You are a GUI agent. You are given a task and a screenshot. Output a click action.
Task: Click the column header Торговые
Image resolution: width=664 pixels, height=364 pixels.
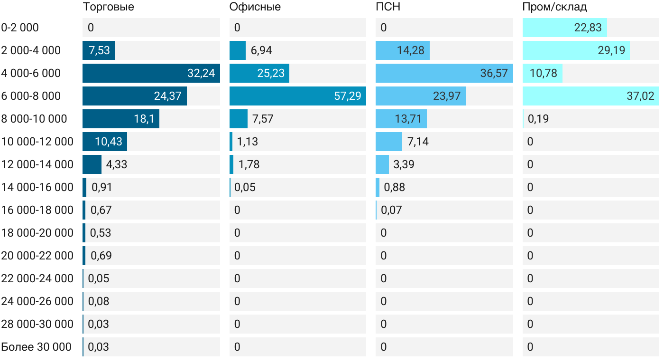coord(108,7)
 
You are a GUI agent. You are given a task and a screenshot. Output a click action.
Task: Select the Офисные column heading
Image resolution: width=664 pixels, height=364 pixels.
coord(255,7)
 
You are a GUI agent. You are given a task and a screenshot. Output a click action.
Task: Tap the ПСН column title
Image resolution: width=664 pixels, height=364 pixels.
coord(388,7)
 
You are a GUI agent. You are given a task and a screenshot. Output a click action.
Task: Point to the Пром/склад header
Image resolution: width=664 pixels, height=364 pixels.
coord(554,7)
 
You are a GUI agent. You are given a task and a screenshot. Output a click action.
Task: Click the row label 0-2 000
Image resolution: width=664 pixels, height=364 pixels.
coord(20,28)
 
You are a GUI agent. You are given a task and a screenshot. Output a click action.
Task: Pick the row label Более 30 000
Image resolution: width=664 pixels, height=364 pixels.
coord(36,347)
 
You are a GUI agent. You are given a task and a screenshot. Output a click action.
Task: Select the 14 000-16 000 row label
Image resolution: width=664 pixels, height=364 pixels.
coord(37,187)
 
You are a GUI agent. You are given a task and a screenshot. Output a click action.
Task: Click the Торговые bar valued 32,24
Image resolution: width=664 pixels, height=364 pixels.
coord(151,73)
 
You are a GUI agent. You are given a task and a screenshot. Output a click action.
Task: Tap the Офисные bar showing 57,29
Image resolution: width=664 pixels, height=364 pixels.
coord(297,96)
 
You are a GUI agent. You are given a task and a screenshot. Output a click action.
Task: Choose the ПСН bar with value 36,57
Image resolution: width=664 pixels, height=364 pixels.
coord(444,73)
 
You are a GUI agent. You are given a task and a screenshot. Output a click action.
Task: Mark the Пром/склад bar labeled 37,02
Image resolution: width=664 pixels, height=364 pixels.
coord(590,96)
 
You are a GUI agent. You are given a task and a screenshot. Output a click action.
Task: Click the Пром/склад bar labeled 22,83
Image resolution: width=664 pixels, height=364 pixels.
coord(564,28)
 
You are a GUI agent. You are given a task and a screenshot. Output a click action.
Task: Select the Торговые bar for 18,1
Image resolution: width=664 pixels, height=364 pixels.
coord(120,119)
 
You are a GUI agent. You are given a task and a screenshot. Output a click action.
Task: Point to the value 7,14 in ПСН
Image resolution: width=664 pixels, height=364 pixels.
coord(418,142)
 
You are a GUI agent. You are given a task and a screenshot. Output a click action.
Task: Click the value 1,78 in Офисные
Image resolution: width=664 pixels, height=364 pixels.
coord(249,164)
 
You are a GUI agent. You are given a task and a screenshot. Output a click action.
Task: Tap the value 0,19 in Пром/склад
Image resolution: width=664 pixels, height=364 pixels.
coord(538,119)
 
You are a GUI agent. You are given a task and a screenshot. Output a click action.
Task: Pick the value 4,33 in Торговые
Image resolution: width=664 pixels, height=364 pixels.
coord(117,164)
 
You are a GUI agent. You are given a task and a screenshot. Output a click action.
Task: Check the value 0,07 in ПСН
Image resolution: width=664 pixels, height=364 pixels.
coord(391,210)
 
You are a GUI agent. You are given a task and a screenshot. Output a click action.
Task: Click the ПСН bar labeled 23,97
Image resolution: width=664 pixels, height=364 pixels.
coord(420,96)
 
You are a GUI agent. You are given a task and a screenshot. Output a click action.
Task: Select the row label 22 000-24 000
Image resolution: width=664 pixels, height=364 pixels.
coord(37,278)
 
